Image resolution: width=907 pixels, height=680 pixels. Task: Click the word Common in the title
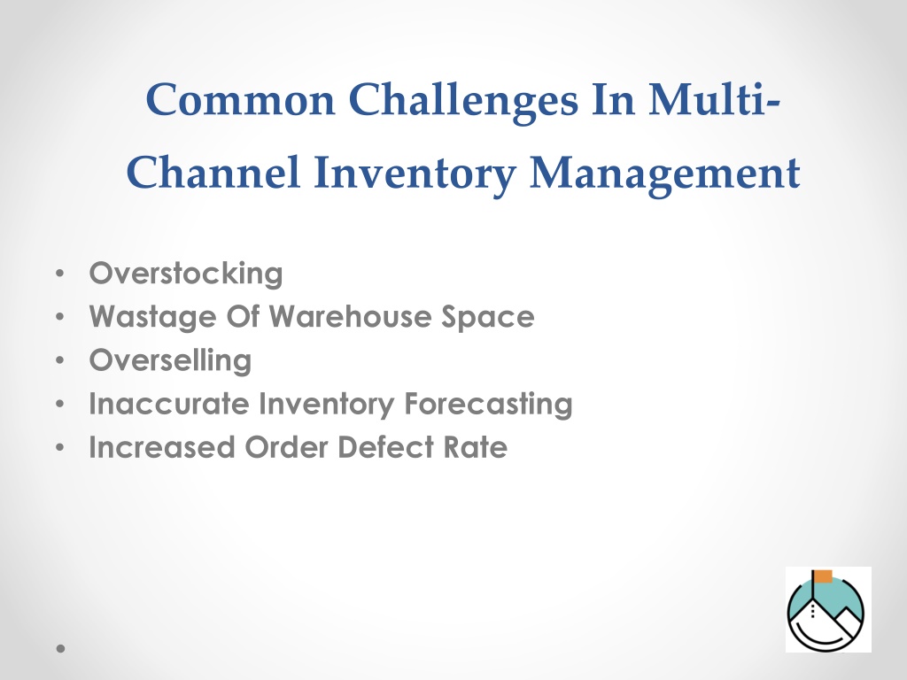click(241, 99)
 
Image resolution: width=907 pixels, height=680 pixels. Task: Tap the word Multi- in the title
click(715, 98)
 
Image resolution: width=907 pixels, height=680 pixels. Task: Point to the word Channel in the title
click(213, 173)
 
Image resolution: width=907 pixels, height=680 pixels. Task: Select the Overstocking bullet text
click(186, 274)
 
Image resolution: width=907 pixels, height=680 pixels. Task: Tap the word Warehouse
click(349, 316)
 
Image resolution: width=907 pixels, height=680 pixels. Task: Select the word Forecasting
click(488, 404)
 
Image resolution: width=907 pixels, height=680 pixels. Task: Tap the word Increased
click(162, 447)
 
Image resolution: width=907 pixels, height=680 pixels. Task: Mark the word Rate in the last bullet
click(476, 447)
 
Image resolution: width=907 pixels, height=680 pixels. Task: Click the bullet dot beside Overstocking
click(60, 274)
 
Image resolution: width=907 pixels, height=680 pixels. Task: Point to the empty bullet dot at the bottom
click(61, 648)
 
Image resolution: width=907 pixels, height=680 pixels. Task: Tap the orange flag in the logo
click(823, 576)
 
